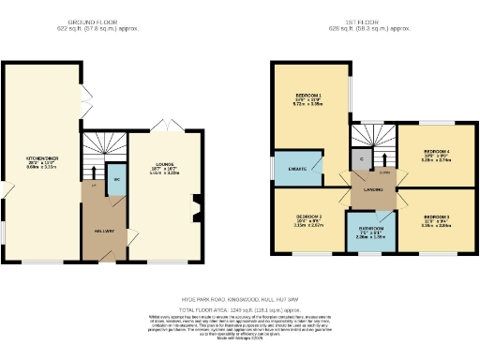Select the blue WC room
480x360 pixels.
click(x=114, y=181)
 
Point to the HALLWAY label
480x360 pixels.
click(x=104, y=230)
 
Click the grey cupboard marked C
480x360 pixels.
click(x=361, y=158)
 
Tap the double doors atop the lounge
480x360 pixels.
click(x=172, y=125)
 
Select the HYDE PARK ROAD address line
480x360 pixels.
click(x=239, y=299)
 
